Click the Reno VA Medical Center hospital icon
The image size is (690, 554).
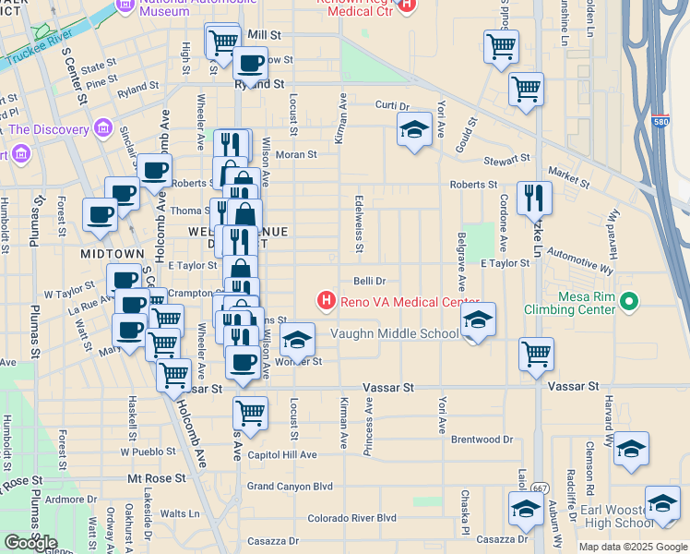pyautogui.click(x=325, y=300)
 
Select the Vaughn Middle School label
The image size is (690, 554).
pyautogui.click(x=394, y=334)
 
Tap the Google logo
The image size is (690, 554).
pyautogui.click(x=30, y=542)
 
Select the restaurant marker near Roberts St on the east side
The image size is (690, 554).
pyautogui.click(x=534, y=199)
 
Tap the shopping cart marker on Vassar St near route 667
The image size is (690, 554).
pyautogui.click(x=536, y=355)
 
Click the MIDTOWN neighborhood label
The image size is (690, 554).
pyautogui.click(x=112, y=253)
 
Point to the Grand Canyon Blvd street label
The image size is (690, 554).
pyautogui.click(x=290, y=486)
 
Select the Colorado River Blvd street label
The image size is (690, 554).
pyautogui.click(x=351, y=518)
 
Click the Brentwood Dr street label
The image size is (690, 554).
pyautogui.click(x=482, y=440)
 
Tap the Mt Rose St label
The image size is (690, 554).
pyautogui.click(x=157, y=479)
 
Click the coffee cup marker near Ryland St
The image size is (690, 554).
pyautogui.click(x=250, y=65)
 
